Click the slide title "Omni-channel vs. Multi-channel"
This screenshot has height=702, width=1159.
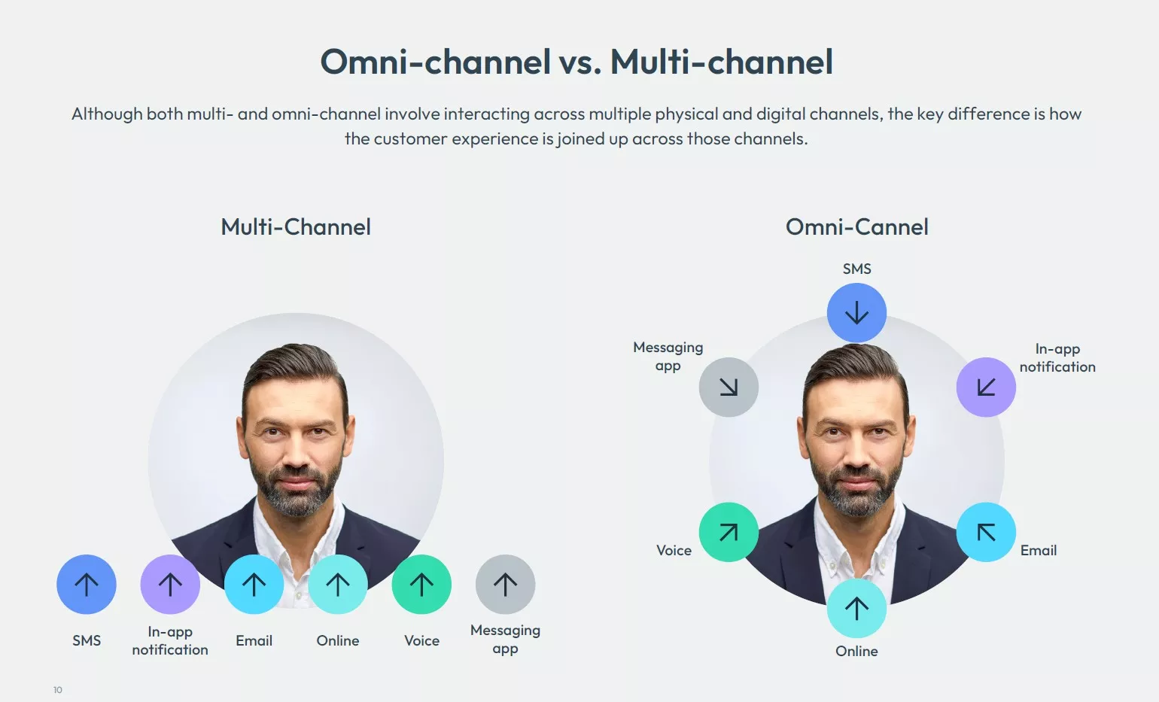coord(576,62)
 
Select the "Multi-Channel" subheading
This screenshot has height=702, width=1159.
coord(296,226)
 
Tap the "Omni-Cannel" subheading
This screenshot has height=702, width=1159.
coord(856,226)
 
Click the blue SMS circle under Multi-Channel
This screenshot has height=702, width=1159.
coord(87,585)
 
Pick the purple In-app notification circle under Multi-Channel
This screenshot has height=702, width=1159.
coord(170,585)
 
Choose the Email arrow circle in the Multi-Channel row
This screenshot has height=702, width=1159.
coord(254,585)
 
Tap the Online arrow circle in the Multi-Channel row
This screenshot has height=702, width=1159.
coord(338,585)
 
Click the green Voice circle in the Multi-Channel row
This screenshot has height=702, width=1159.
coord(421,585)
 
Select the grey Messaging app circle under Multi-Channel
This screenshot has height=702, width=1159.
coord(505,585)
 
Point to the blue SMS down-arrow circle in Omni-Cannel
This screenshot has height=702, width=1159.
coord(856,313)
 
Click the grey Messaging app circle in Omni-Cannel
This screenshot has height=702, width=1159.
coord(729,387)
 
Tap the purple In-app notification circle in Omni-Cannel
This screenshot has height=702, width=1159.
coord(986,387)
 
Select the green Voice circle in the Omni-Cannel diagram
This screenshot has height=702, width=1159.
coord(729,532)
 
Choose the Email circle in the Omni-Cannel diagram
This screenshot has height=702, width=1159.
coord(986,532)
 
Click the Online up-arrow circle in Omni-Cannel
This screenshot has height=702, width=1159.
coord(856,608)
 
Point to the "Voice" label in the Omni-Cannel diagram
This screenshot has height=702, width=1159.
coord(674,550)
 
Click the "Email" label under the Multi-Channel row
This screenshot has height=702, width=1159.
coord(254,640)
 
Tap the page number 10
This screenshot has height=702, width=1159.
coord(58,690)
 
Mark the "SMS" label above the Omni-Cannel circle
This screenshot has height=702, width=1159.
coord(856,269)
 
